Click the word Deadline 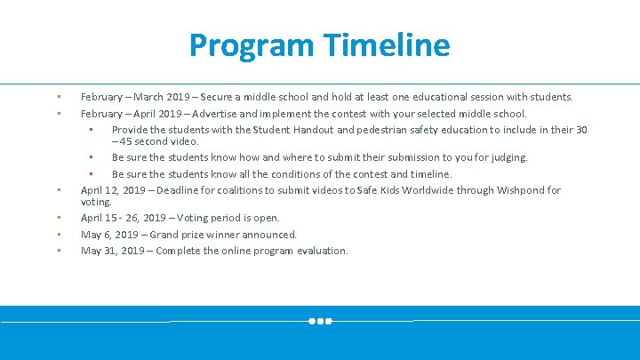click(174, 190)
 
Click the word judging click(508, 157)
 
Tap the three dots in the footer click(320, 321)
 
